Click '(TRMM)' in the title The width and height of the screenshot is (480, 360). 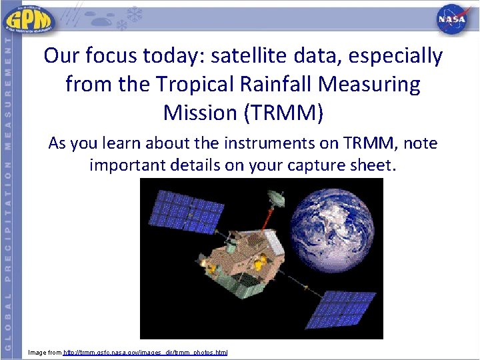click(x=285, y=113)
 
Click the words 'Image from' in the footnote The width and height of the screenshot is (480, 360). click(x=45, y=351)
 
